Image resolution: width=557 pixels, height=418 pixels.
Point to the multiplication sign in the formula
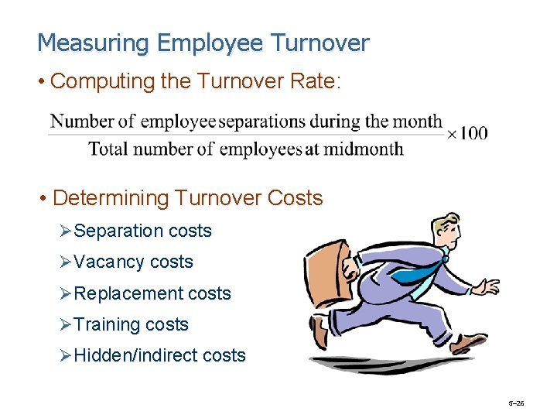pyautogui.click(x=452, y=134)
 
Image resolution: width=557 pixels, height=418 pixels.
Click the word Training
pyautogui.click(x=108, y=324)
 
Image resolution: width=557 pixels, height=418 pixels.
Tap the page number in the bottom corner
pyautogui.click(x=516, y=403)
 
